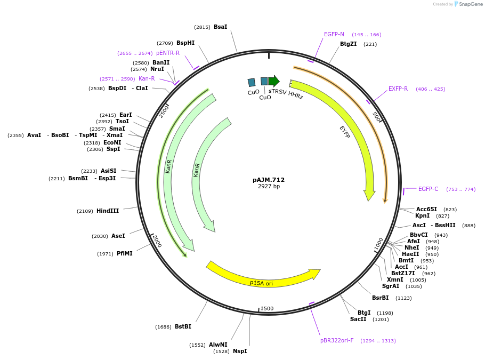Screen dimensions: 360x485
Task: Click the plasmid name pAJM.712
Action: (x=268, y=180)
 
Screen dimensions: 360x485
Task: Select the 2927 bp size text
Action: (x=268, y=187)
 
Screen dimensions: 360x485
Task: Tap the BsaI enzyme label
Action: (x=220, y=27)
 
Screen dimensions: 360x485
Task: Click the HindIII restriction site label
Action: (x=108, y=211)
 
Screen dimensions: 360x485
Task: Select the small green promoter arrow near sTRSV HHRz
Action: (x=274, y=81)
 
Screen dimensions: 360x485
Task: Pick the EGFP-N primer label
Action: (x=334, y=34)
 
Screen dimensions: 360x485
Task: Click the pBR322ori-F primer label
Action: (x=337, y=340)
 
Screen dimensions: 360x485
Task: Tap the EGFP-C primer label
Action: (x=428, y=189)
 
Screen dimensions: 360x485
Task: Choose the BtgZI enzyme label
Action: (x=349, y=44)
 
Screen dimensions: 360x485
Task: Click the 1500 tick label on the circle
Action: (x=267, y=308)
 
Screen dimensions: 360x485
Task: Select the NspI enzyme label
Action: (x=240, y=351)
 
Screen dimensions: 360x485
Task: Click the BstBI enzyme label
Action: (x=183, y=326)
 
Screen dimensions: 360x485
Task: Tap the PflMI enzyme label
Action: (x=125, y=253)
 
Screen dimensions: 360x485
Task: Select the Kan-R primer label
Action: (x=147, y=78)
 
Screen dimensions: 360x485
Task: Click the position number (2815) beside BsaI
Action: (x=202, y=27)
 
